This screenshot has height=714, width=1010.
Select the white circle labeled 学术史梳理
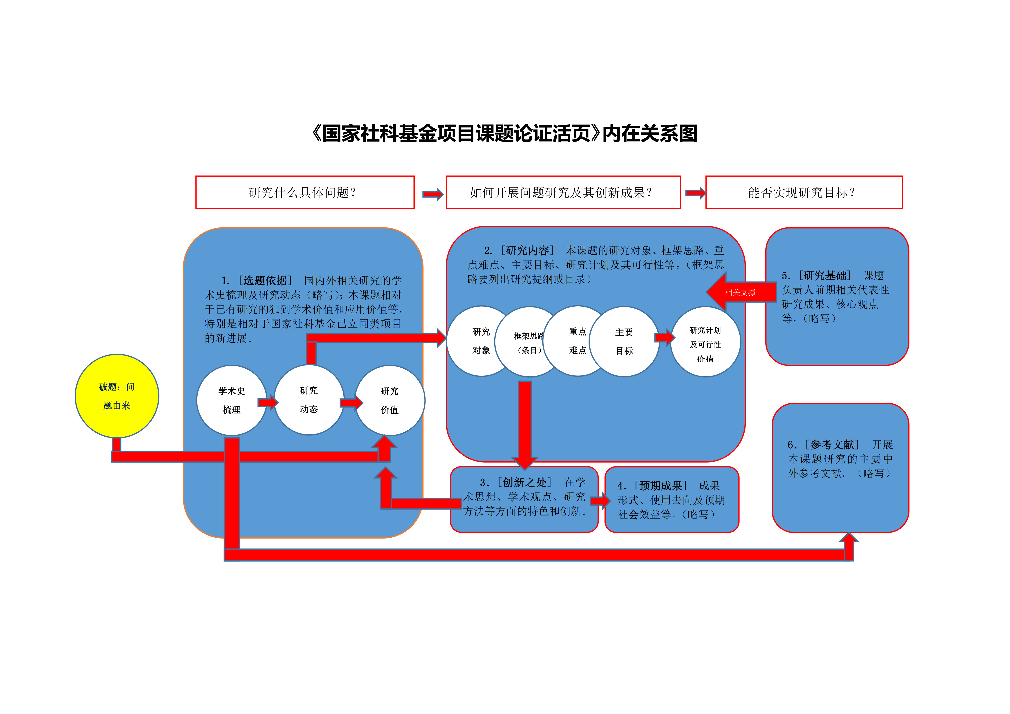coord(231,400)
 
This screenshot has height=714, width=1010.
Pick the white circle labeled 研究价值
coord(390,400)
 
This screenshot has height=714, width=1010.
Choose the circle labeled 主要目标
coord(624,341)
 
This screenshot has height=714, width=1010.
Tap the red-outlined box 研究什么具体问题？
coord(305,192)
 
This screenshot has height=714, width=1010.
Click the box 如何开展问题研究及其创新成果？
coord(563,192)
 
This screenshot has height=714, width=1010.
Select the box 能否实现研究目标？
coord(804,192)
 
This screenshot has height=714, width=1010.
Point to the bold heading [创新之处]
coord(524,483)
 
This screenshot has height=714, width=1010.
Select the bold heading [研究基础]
coord(825,275)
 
